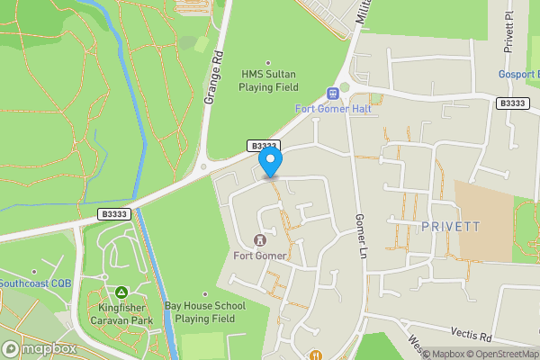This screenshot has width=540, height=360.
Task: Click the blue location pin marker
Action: coord(271,163)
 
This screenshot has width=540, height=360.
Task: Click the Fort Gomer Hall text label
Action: coord(334,110)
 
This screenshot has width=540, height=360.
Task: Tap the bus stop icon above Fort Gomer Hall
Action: coord(334,93)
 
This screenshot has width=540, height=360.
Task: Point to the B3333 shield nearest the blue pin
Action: coord(263,146)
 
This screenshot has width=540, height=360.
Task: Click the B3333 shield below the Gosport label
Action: coord(511,103)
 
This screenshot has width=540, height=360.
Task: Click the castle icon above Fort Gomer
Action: coord(261,240)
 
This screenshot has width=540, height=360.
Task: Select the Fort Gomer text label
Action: coord(260,256)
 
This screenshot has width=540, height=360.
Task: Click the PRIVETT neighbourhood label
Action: coord(450,227)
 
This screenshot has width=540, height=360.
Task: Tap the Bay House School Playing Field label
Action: coord(206,312)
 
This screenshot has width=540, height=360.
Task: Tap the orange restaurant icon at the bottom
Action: coord(315,355)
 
